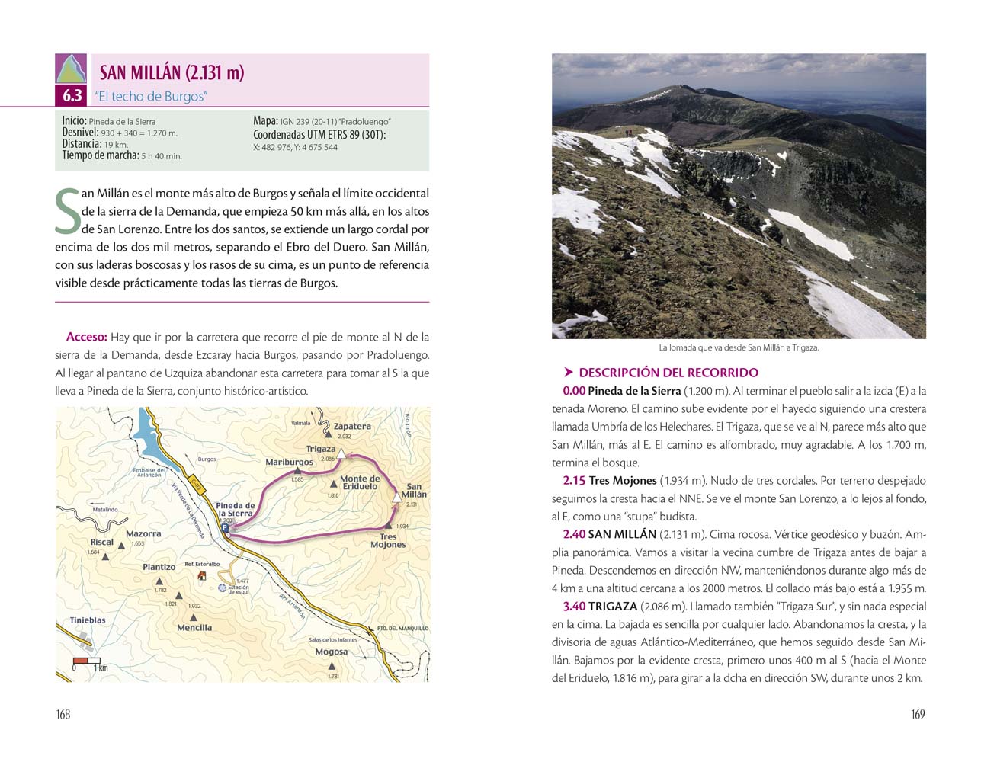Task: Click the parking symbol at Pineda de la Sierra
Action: tap(225, 527)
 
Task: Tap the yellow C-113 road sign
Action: tap(197, 484)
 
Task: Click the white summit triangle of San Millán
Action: tap(397, 496)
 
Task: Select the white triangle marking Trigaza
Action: tap(342, 454)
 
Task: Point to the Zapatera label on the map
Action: tap(352, 427)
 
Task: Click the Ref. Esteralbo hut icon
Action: tap(202, 575)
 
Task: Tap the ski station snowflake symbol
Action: tap(222, 588)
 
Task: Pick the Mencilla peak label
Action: tap(194, 628)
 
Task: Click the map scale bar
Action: tap(87, 660)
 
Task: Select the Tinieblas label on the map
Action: tap(88, 620)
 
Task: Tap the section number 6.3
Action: tap(72, 96)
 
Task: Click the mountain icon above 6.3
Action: tap(72, 69)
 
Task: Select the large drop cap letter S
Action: tap(68, 211)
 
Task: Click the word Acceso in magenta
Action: tap(87, 337)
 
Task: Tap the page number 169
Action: tap(918, 714)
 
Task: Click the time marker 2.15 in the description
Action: tap(574, 481)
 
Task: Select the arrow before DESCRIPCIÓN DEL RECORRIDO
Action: tap(568, 373)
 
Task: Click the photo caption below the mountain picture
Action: tap(739, 347)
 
